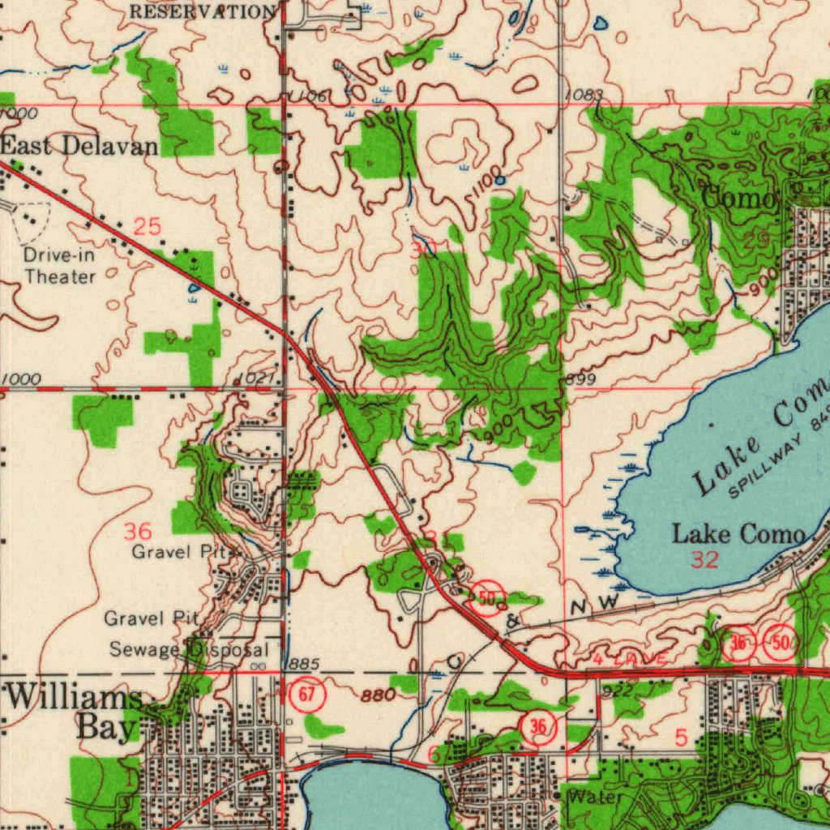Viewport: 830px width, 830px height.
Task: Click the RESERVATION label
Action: pyautogui.click(x=202, y=11)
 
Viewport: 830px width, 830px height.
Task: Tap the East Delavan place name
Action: pyautogui.click(x=79, y=147)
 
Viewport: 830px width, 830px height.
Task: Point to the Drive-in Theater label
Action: pyautogui.click(x=59, y=266)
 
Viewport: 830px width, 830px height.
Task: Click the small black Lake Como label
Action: pyautogui.click(x=738, y=534)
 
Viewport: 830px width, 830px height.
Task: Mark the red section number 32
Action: pyautogui.click(x=704, y=559)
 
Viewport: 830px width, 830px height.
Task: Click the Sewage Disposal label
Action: pyautogui.click(x=188, y=650)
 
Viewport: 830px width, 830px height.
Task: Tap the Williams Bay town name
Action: pyautogui.click(x=75, y=712)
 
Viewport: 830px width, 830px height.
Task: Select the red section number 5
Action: pyautogui.click(x=680, y=737)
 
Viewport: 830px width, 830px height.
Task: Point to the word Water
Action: pyautogui.click(x=597, y=798)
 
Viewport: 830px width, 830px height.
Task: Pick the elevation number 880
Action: pyautogui.click(x=379, y=695)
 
